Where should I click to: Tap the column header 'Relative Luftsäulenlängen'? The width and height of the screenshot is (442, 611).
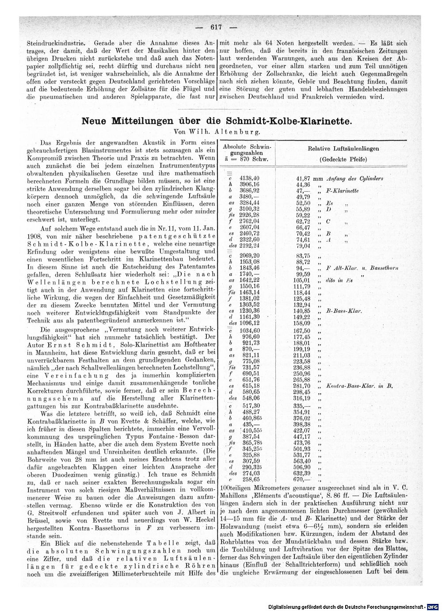click(x=343, y=149)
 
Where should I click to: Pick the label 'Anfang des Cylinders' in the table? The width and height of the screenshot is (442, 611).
click(x=354, y=178)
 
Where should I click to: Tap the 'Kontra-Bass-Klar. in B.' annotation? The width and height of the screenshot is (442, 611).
click(x=359, y=386)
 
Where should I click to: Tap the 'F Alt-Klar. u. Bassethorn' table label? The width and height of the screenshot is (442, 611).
click(x=362, y=268)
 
